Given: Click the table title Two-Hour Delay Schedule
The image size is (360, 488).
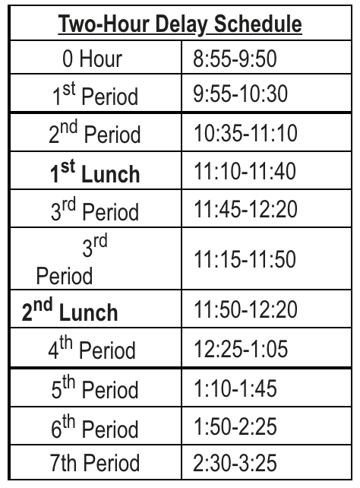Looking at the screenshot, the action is pyautogui.click(x=180, y=25).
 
